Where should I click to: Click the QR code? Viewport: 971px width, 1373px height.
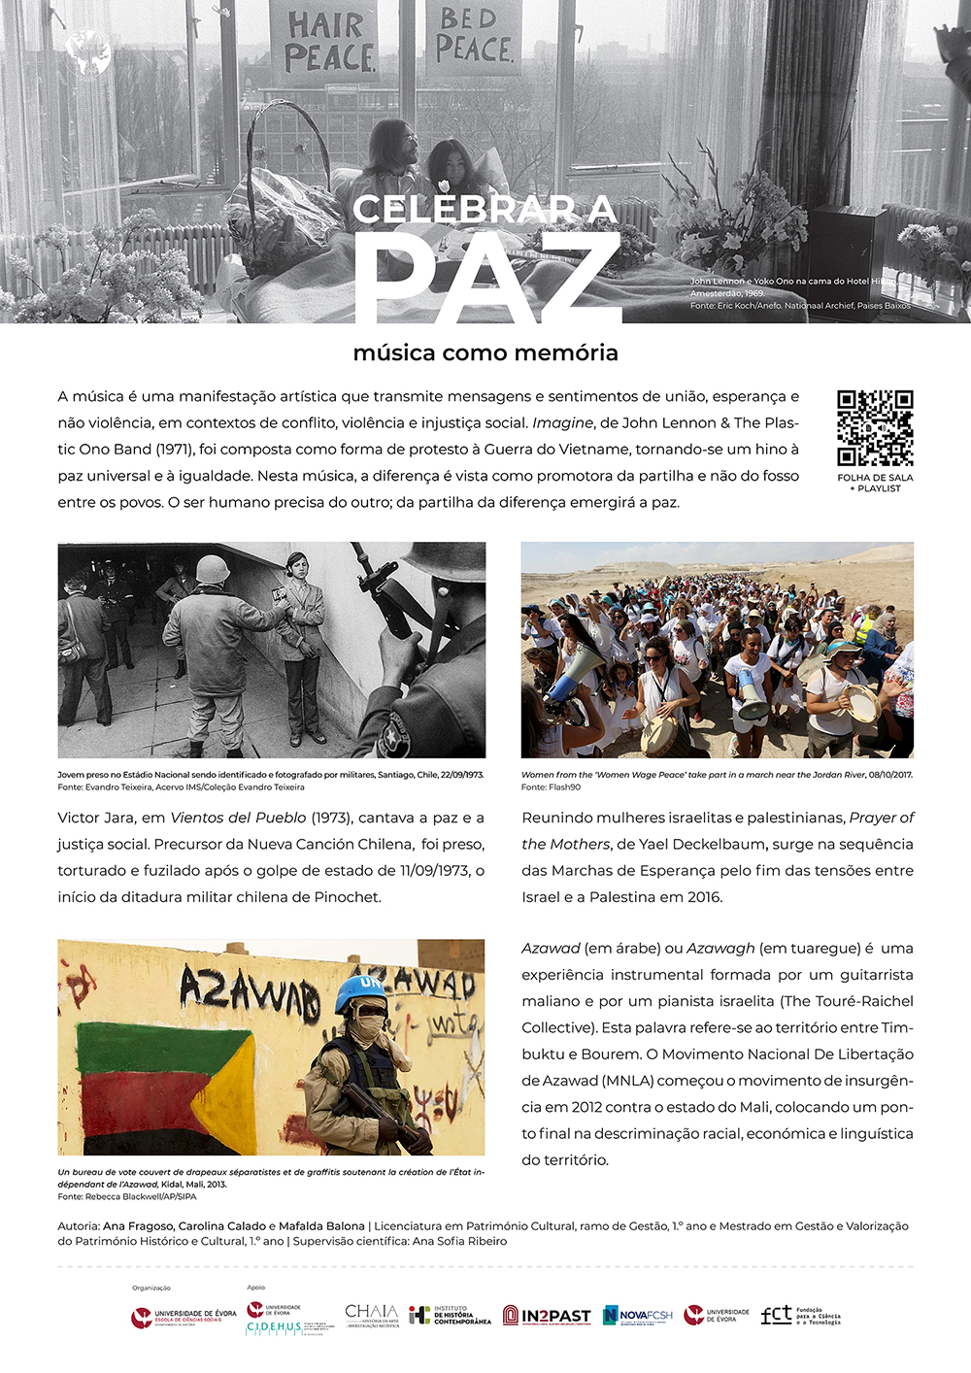coord(875,428)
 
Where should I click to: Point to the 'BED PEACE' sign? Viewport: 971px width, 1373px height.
coord(474,36)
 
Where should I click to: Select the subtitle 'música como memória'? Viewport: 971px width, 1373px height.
coord(485,352)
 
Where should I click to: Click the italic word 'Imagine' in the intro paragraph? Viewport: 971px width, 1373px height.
coord(562,423)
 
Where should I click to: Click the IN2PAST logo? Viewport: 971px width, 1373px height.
coord(547,1316)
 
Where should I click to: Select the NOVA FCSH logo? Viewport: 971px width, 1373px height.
coord(638,1316)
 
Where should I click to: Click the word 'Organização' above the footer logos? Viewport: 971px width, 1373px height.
coord(151,1288)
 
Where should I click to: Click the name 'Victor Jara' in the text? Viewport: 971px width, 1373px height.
coord(96,818)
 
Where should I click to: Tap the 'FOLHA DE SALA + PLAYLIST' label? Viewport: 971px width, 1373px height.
coord(875,483)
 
